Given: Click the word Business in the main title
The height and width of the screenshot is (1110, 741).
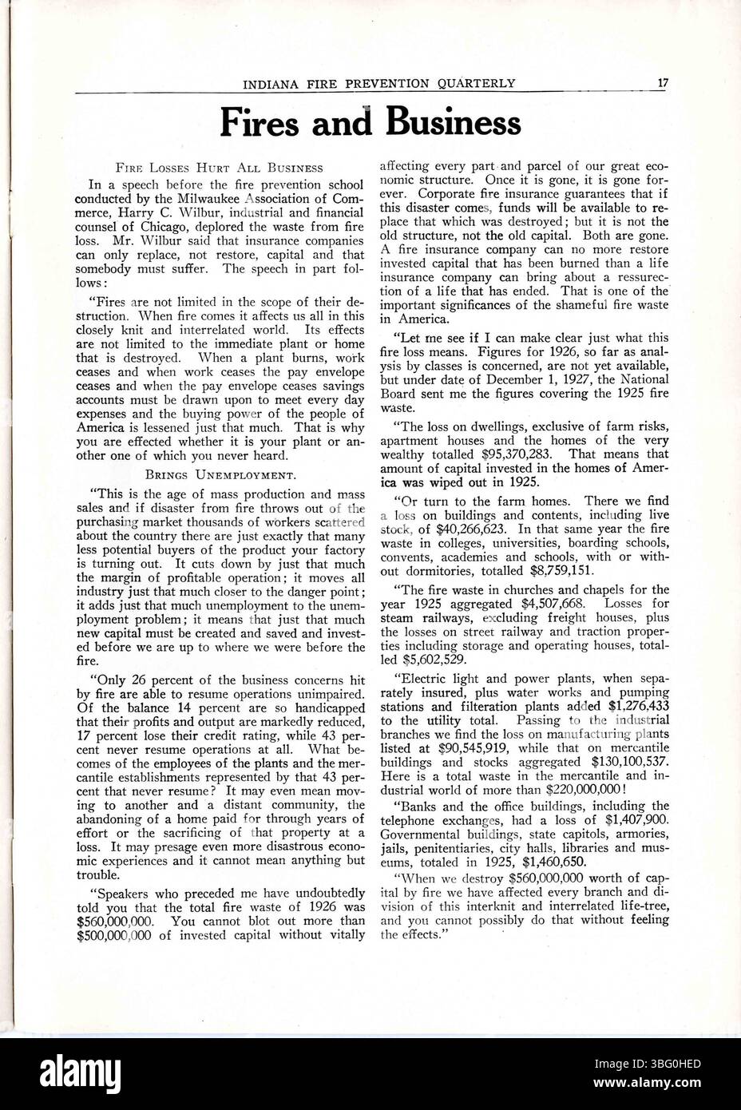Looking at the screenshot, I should (x=454, y=122).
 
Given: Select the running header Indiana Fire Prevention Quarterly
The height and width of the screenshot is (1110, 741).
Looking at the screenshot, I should (x=379, y=82).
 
